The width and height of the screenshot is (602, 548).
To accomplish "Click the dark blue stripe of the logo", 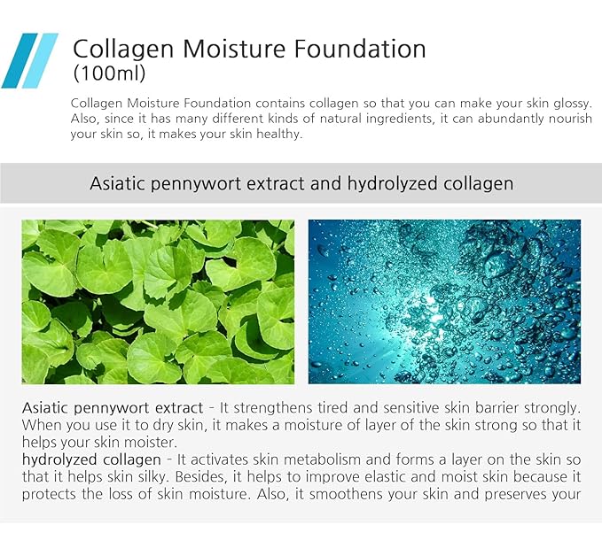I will pyautogui.click(x=20, y=60).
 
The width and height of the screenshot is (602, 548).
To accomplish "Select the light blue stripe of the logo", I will pyautogui.click(x=43, y=60).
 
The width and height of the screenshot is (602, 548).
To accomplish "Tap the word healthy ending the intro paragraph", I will pyautogui.click(x=278, y=135).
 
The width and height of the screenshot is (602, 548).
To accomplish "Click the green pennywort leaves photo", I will pyautogui.click(x=158, y=301).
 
